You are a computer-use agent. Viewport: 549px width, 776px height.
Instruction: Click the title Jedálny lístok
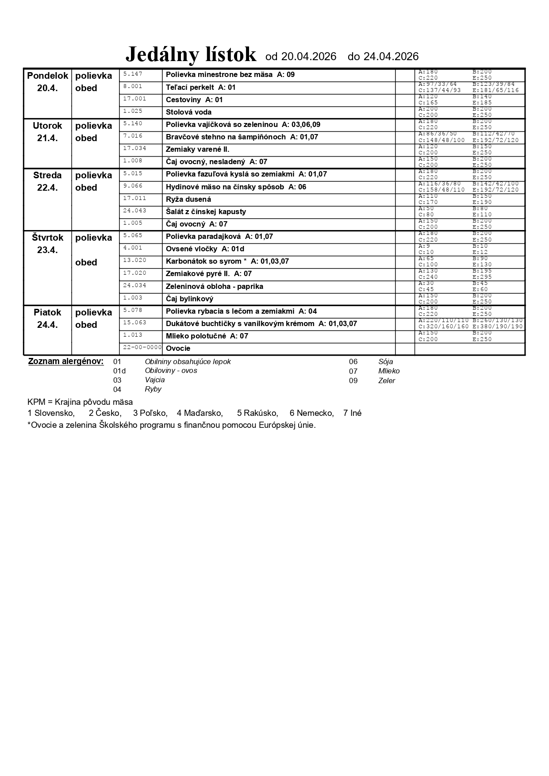[191, 55]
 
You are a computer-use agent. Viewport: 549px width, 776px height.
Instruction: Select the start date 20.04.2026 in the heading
[308, 57]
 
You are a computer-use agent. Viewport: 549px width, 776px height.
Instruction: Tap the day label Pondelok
[48, 76]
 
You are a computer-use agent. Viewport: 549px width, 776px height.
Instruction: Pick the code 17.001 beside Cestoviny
[134, 99]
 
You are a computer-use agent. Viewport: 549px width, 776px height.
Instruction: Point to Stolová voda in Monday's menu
[188, 112]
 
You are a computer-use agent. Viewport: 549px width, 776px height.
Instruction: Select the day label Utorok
[48, 126]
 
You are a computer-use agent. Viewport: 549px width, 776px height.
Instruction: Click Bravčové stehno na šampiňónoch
[226, 137]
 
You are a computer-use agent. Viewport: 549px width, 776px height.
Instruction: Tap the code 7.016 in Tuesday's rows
[133, 136]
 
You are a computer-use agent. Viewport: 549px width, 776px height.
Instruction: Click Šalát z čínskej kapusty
[206, 212]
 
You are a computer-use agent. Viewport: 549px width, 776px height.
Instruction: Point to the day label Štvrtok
[48, 238]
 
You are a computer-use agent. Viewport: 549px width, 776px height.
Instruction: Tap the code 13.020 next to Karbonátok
[134, 260]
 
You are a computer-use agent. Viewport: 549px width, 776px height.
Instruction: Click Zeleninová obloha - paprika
[215, 287]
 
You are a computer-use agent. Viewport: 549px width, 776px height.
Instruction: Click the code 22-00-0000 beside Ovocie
[142, 347]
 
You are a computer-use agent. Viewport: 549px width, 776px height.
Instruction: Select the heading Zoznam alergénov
[66, 361]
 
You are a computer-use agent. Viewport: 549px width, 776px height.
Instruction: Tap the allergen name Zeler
[387, 381]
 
